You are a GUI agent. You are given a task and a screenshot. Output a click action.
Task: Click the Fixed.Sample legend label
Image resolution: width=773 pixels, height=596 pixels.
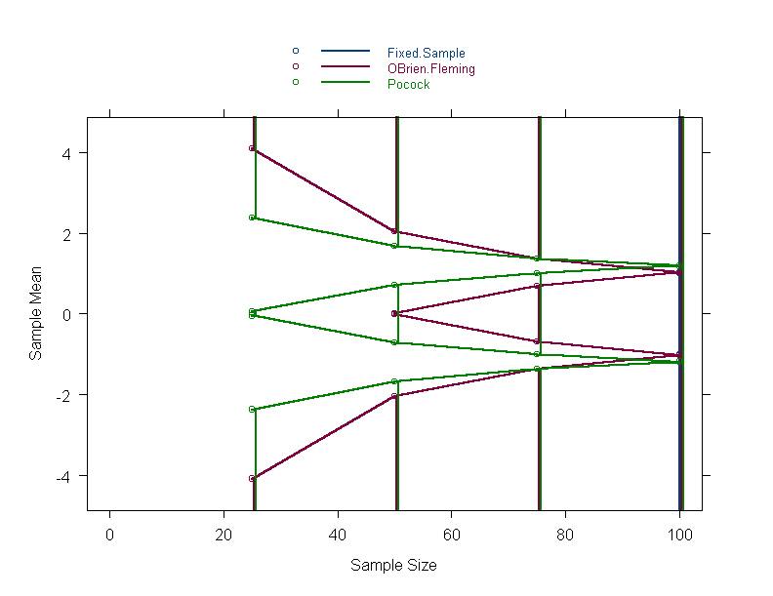[x=426, y=53]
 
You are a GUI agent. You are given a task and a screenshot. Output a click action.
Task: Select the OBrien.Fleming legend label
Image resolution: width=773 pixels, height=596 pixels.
[x=430, y=69]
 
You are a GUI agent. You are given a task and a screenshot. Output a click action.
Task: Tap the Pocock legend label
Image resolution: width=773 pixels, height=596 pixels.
[x=408, y=85]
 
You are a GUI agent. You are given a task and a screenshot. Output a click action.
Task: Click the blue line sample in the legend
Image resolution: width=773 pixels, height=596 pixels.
[x=346, y=50]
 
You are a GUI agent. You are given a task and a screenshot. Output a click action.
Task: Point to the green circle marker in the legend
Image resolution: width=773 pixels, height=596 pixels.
[x=295, y=82]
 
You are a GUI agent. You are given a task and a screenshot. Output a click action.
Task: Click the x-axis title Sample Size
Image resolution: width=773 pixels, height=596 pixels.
[x=393, y=566]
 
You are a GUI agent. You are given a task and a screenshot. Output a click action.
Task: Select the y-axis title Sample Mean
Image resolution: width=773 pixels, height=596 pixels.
[x=36, y=314]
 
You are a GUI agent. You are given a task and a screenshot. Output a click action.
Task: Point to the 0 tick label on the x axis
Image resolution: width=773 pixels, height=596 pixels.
[x=109, y=533]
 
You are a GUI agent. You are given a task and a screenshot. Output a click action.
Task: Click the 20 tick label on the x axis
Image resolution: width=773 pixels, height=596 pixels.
[x=224, y=533]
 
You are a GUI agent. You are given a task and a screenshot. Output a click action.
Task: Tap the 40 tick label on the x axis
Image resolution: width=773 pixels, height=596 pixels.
[x=338, y=533]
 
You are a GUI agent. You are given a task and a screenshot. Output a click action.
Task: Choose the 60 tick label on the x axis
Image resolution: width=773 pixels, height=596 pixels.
[x=452, y=533]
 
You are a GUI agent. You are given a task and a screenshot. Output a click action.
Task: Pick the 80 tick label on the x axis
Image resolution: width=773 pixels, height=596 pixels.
[x=566, y=533]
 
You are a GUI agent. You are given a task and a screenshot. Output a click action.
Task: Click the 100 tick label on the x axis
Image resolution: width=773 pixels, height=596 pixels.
[x=679, y=533]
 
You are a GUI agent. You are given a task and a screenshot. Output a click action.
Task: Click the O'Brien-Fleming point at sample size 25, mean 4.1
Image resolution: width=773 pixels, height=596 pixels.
[x=252, y=148]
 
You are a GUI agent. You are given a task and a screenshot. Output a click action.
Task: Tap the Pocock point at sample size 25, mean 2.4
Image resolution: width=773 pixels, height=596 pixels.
[x=252, y=218]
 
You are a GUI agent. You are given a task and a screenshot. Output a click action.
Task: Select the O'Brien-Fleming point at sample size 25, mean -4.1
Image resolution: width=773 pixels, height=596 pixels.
[x=252, y=479]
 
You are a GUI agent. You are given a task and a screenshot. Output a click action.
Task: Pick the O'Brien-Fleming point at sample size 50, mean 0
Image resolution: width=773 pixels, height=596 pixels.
[x=394, y=314]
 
